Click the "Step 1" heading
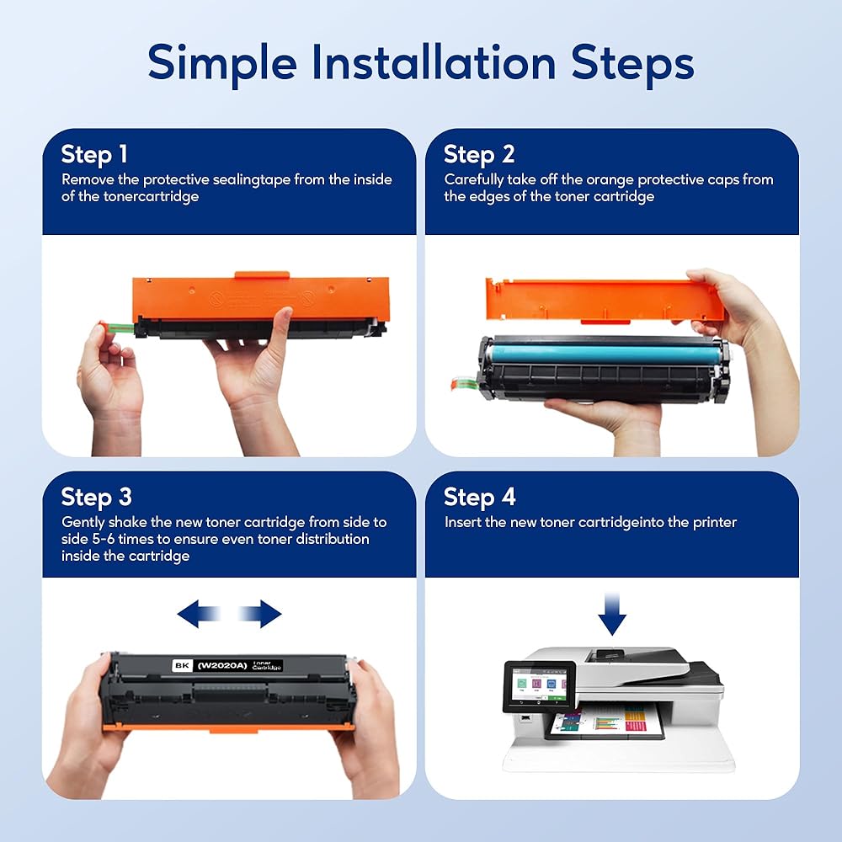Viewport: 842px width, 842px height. pyautogui.click(x=94, y=155)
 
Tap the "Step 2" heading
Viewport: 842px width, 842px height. pyautogui.click(x=479, y=155)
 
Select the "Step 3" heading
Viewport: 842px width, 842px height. pyautogui.click(x=96, y=498)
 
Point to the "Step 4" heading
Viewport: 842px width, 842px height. pyautogui.click(x=480, y=498)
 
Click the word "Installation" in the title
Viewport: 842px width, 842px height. pyautogui.click(x=434, y=63)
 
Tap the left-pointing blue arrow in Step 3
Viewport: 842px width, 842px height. pyautogui.click(x=199, y=614)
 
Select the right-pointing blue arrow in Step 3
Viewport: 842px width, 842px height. pyautogui.click(x=260, y=614)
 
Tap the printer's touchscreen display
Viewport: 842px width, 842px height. pyautogui.click(x=539, y=685)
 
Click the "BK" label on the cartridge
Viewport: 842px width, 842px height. pyautogui.click(x=182, y=665)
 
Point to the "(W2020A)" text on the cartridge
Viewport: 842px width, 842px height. pyautogui.click(x=222, y=666)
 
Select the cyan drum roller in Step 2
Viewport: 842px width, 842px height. pyautogui.click(x=605, y=354)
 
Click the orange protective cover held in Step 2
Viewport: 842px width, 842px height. pyautogui.click(x=604, y=300)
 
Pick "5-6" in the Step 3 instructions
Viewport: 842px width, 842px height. pyautogui.click(x=103, y=539)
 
